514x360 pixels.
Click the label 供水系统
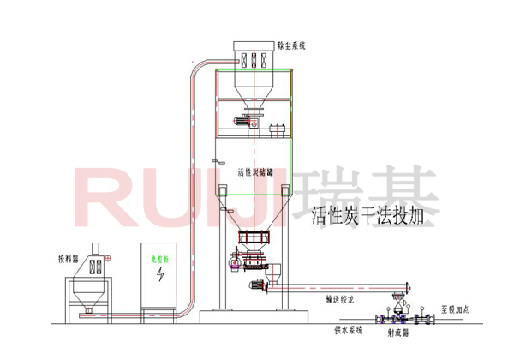[349, 329]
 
